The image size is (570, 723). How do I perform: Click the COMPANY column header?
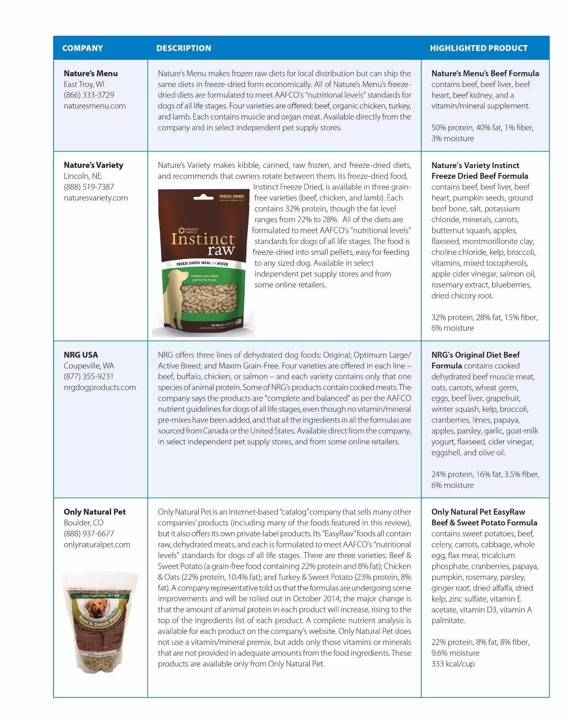tap(82, 48)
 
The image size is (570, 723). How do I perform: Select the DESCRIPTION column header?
tap(184, 48)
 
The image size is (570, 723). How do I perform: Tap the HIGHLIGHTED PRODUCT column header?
tap(479, 48)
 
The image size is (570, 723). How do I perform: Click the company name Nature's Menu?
tap(91, 74)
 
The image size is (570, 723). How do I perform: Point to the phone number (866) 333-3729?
tap(89, 95)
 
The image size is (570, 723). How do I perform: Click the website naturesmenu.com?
tap(94, 106)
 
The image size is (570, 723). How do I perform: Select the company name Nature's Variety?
tap(94, 165)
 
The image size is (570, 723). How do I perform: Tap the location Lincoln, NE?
tap(82, 176)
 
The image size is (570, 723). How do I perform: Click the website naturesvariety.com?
tap(96, 198)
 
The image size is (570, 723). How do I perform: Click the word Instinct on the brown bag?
tap(203, 239)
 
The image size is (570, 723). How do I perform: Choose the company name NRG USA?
tap(81, 355)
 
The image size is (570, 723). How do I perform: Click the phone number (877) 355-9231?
tap(89, 377)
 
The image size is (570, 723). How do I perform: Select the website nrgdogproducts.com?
tap(100, 388)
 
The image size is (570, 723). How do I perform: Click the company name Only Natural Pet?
tap(95, 512)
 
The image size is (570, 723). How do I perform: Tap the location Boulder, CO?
tap(84, 523)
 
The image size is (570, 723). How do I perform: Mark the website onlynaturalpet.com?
tap(97, 545)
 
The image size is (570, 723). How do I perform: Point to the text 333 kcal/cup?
tap(453, 664)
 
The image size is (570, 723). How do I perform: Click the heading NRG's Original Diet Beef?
tap(476, 355)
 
